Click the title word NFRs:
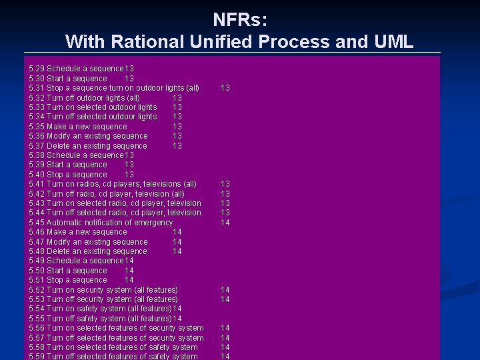click(240, 19)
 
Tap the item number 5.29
click(37, 69)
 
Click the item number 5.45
click(37, 223)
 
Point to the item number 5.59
click(37, 357)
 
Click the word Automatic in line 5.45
click(65, 223)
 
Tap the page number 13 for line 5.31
click(225, 88)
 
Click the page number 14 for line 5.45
click(225, 223)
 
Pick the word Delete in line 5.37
click(58, 146)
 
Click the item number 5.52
click(37, 290)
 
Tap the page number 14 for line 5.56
click(225, 328)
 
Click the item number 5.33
click(37, 107)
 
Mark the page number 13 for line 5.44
click(225, 213)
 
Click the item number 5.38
click(37, 155)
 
